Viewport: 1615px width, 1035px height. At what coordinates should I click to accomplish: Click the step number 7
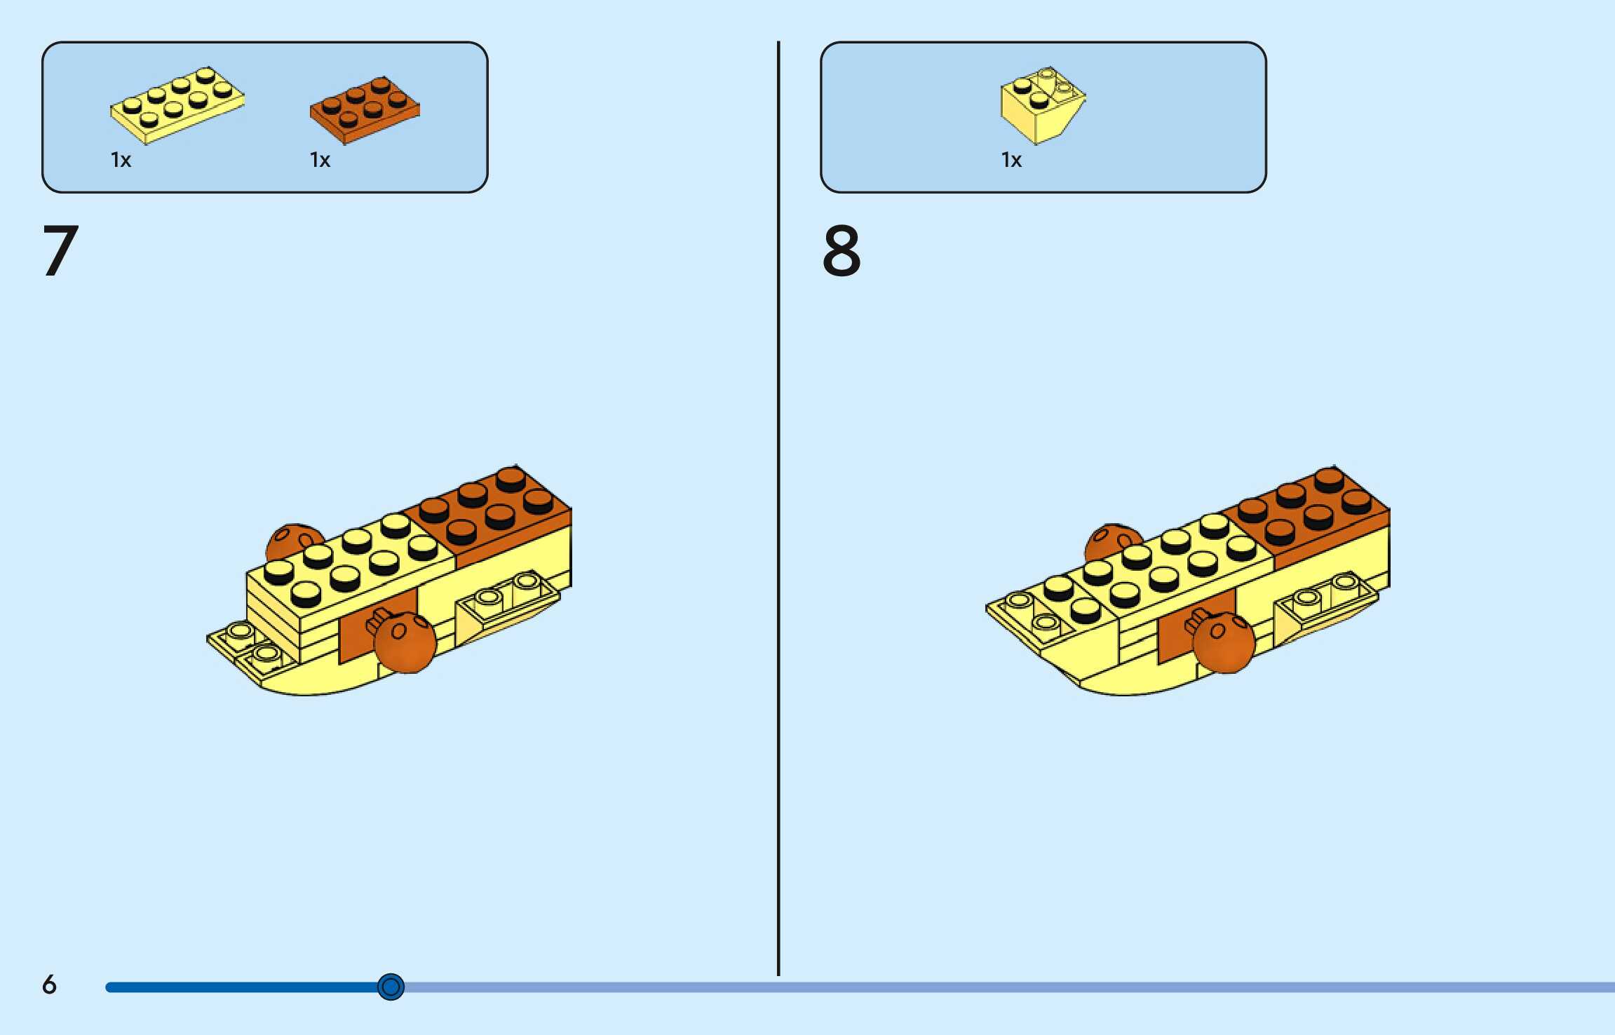click(x=60, y=250)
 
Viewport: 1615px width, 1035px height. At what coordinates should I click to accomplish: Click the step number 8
click(x=841, y=250)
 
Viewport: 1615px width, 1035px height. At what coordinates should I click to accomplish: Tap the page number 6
click(x=49, y=985)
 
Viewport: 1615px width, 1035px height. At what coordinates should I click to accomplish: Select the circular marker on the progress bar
click(x=391, y=987)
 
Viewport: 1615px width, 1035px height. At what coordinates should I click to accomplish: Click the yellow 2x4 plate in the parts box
click(x=177, y=104)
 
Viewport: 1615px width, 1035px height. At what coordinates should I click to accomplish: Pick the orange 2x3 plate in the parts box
click(x=365, y=109)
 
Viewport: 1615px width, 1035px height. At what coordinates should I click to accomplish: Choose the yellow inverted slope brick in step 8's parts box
click(x=1041, y=105)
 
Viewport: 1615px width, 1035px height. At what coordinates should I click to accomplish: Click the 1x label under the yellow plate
click(x=121, y=160)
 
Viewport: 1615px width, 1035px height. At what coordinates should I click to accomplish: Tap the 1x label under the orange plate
click(x=320, y=160)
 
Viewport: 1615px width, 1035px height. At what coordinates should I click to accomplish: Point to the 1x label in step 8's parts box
click(x=1011, y=160)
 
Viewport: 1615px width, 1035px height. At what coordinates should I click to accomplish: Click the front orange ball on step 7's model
click(x=405, y=642)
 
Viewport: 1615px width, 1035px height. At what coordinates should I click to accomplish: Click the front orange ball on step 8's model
click(x=1224, y=642)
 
